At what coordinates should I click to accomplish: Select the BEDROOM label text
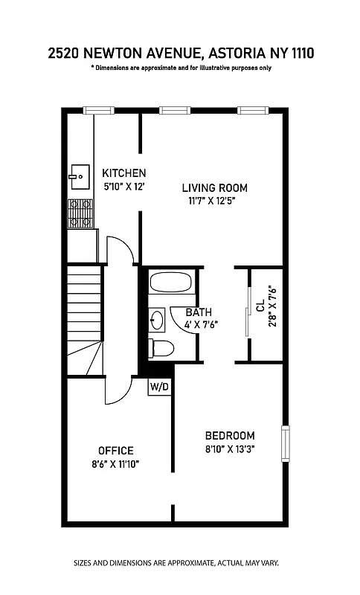(x=230, y=435)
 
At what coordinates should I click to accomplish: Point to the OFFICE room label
(x=116, y=450)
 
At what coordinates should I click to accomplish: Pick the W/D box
(x=158, y=387)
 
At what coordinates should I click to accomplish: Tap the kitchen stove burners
(x=80, y=213)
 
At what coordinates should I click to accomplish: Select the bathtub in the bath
(x=170, y=283)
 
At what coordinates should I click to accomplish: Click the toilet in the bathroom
(x=162, y=347)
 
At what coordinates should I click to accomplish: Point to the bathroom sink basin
(x=157, y=320)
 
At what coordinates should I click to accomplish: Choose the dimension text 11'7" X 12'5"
(x=214, y=201)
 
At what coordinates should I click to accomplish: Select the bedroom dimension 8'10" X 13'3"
(x=230, y=448)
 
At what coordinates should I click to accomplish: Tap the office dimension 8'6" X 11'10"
(x=116, y=463)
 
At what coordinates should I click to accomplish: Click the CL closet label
(x=260, y=306)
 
